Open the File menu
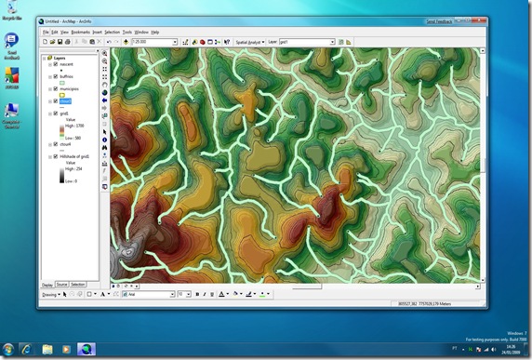(46, 32)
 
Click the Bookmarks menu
(80, 32)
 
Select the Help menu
(155, 32)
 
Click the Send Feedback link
(452, 20)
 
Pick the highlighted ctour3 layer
(66, 101)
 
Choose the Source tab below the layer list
(61, 284)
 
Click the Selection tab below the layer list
(78, 284)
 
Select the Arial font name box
(149, 294)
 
